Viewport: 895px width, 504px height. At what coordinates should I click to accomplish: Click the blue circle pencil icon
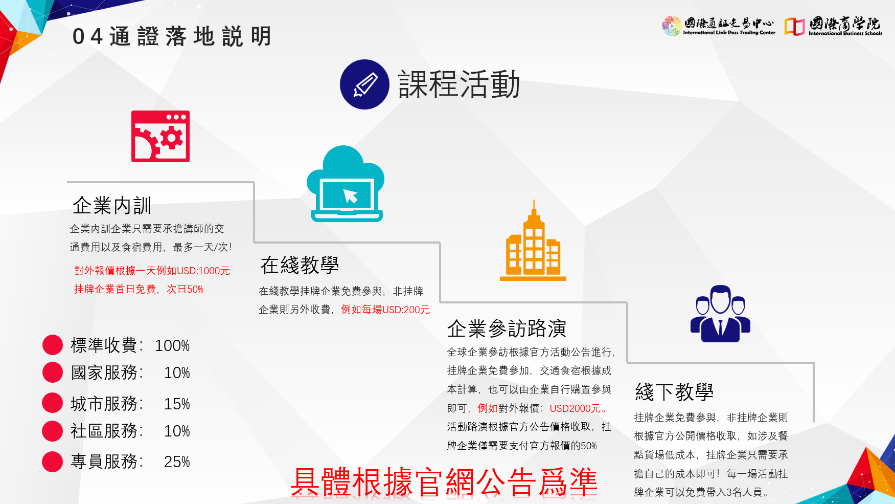click(x=364, y=84)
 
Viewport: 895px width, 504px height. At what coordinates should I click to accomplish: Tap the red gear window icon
click(x=160, y=136)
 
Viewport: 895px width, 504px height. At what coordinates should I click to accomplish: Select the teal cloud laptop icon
click(x=346, y=184)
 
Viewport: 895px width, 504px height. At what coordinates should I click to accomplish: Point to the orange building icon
click(x=533, y=240)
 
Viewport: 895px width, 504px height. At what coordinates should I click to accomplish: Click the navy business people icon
click(x=720, y=314)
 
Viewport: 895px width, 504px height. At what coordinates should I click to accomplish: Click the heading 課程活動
click(x=459, y=84)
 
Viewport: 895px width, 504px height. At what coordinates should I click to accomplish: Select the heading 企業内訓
click(x=112, y=206)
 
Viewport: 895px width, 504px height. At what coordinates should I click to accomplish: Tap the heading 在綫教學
click(x=300, y=265)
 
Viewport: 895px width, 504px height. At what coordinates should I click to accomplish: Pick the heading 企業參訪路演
click(x=507, y=328)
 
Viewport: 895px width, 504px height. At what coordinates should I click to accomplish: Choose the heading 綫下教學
click(x=674, y=392)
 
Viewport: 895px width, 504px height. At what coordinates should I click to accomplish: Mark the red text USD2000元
click(x=575, y=408)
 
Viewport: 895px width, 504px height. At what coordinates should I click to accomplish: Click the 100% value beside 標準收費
click(x=172, y=346)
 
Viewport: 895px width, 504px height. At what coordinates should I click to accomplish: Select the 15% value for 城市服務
click(x=177, y=404)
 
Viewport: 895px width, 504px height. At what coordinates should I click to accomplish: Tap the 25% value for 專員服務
click(x=177, y=462)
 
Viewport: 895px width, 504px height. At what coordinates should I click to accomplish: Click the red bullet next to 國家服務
click(x=52, y=372)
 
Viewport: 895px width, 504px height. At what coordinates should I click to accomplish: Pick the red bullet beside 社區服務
click(x=52, y=431)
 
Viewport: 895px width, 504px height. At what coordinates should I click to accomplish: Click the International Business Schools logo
click(x=833, y=26)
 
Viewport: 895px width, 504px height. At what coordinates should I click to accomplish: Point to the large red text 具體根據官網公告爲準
click(x=444, y=482)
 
